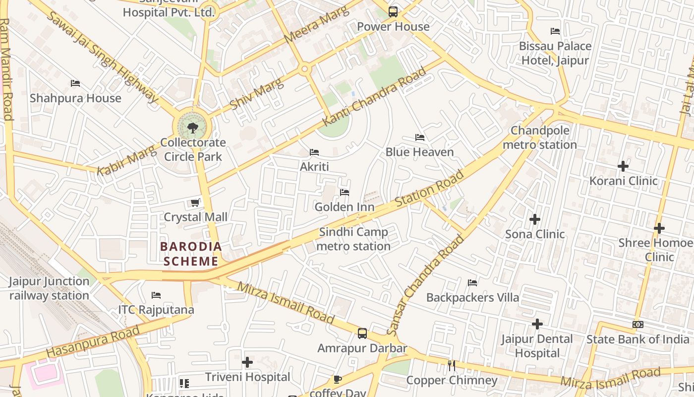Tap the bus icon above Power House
pyautogui.click(x=393, y=12)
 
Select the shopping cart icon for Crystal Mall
pyautogui.click(x=195, y=202)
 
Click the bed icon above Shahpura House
pyautogui.click(x=75, y=83)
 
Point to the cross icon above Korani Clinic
pyautogui.click(x=623, y=166)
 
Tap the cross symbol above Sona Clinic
pyautogui.click(x=534, y=219)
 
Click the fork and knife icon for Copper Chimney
pyautogui.click(x=451, y=366)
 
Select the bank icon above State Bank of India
pyautogui.click(x=638, y=325)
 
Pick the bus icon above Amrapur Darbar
pyautogui.click(x=362, y=333)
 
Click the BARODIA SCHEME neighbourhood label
pyautogui.click(x=191, y=254)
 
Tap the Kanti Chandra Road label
pyautogui.click(x=374, y=97)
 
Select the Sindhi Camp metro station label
pyautogui.click(x=353, y=239)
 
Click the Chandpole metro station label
pyautogui.click(x=540, y=137)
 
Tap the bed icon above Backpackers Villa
pyautogui.click(x=472, y=283)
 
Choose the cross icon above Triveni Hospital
pyautogui.click(x=247, y=362)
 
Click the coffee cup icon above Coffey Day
pyautogui.click(x=338, y=380)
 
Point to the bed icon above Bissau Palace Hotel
pyautogui.click(x=555, y=31)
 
